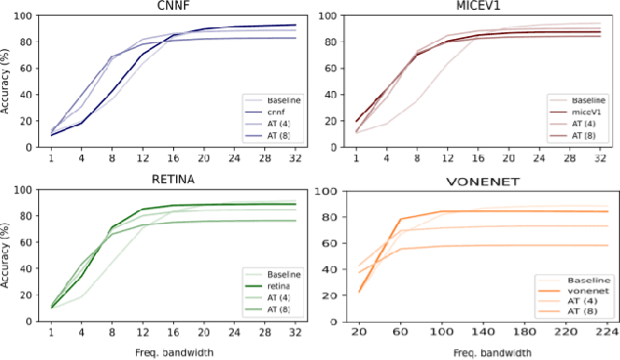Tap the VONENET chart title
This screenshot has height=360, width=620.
(481, 181)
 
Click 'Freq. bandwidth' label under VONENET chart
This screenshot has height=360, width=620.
(483, 351)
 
